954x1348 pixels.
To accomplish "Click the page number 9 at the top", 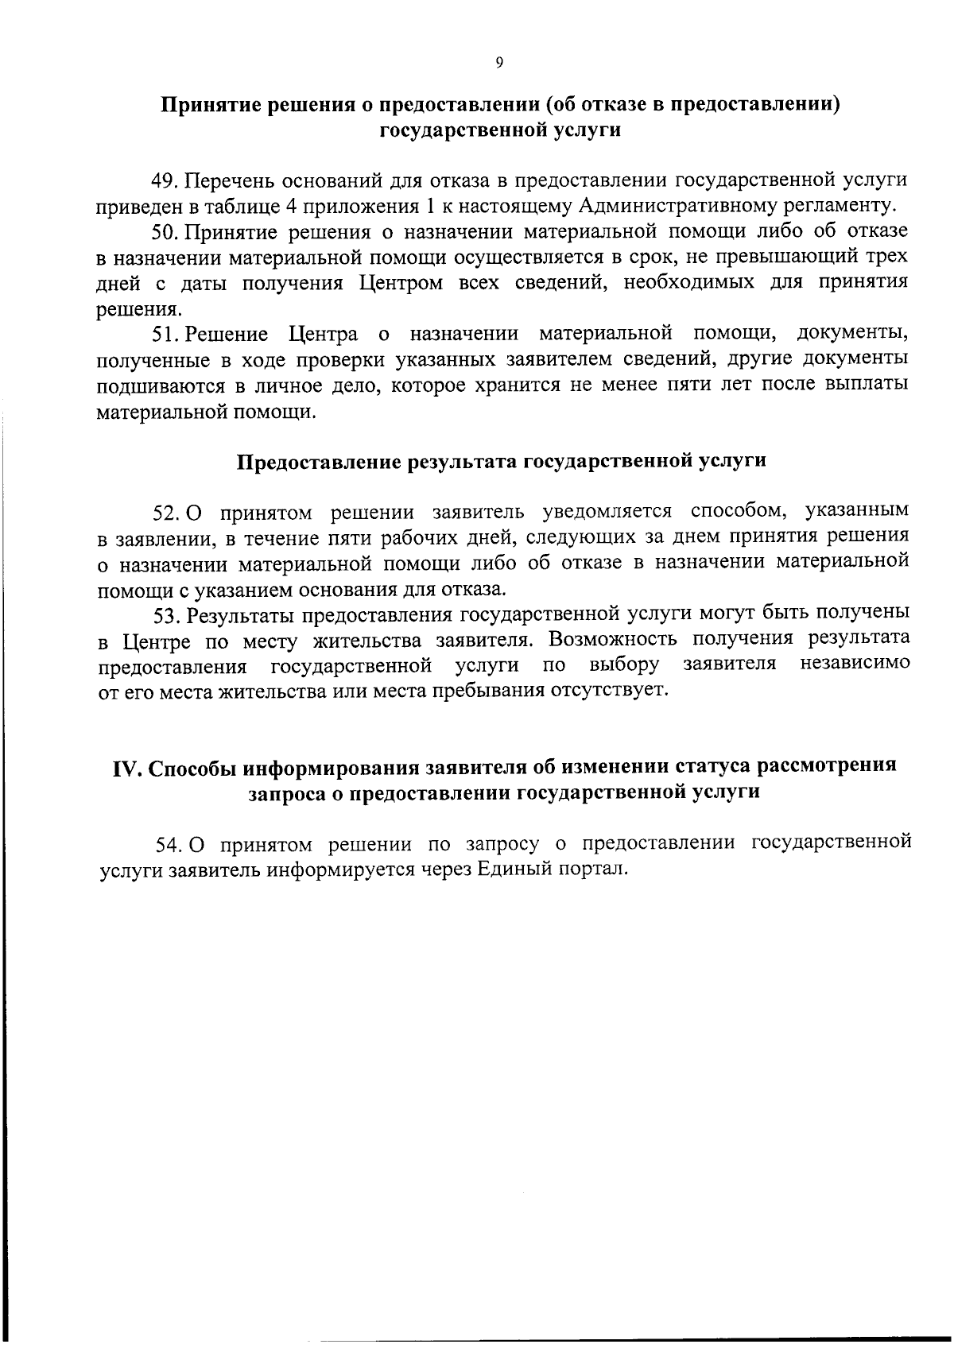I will (499, 64).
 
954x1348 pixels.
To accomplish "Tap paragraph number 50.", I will (163, 232).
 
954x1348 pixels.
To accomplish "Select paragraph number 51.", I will (163, 334).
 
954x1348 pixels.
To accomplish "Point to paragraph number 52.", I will (163, 512).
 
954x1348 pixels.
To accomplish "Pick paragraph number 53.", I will (163, 614).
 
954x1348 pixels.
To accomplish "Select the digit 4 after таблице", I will (279, 207).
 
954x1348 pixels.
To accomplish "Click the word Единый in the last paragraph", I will (507, 869).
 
